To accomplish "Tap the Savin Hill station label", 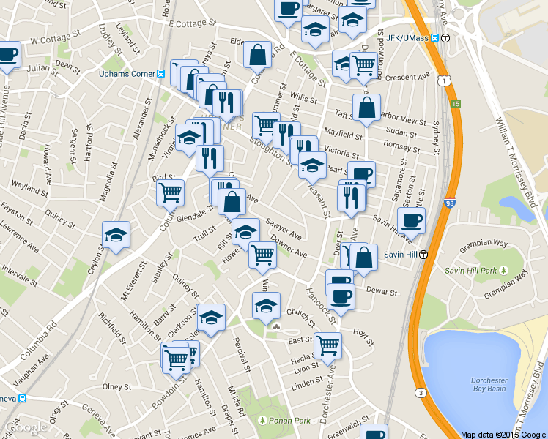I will (401, 254).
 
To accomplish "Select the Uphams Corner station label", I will (127, 73).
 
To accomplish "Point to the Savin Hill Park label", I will (471, 271).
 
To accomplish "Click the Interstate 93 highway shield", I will (448, 207).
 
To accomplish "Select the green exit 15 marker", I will (456, 104).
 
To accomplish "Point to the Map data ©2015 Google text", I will (503, 434).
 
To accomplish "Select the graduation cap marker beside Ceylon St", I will (116, 236).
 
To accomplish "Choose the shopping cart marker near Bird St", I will (170, 193).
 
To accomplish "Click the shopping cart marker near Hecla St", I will (327, 344).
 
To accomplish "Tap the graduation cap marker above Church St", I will (266, 305).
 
